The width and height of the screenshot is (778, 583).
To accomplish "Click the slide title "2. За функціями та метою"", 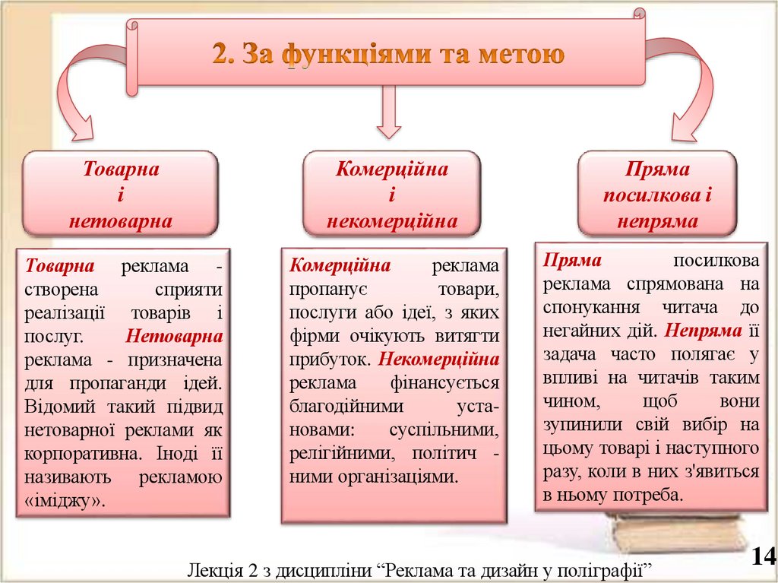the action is [388, 55].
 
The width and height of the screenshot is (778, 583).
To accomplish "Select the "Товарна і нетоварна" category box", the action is [121, 195].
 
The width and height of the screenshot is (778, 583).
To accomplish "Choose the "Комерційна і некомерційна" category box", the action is [391, 195].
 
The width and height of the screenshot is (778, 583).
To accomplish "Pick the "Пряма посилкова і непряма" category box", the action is [657, 195].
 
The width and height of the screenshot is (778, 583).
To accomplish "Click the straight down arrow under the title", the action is [389, 112].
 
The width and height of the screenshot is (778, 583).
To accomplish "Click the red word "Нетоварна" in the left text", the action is [175, 335].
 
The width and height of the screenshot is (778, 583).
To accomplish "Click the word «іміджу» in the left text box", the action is [65, 501].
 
